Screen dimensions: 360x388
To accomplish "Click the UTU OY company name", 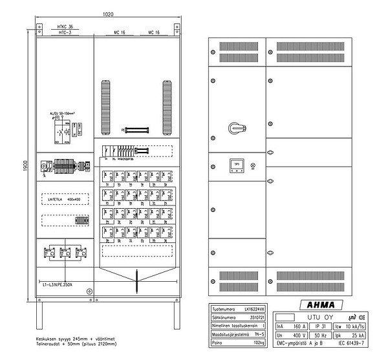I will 321,317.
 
